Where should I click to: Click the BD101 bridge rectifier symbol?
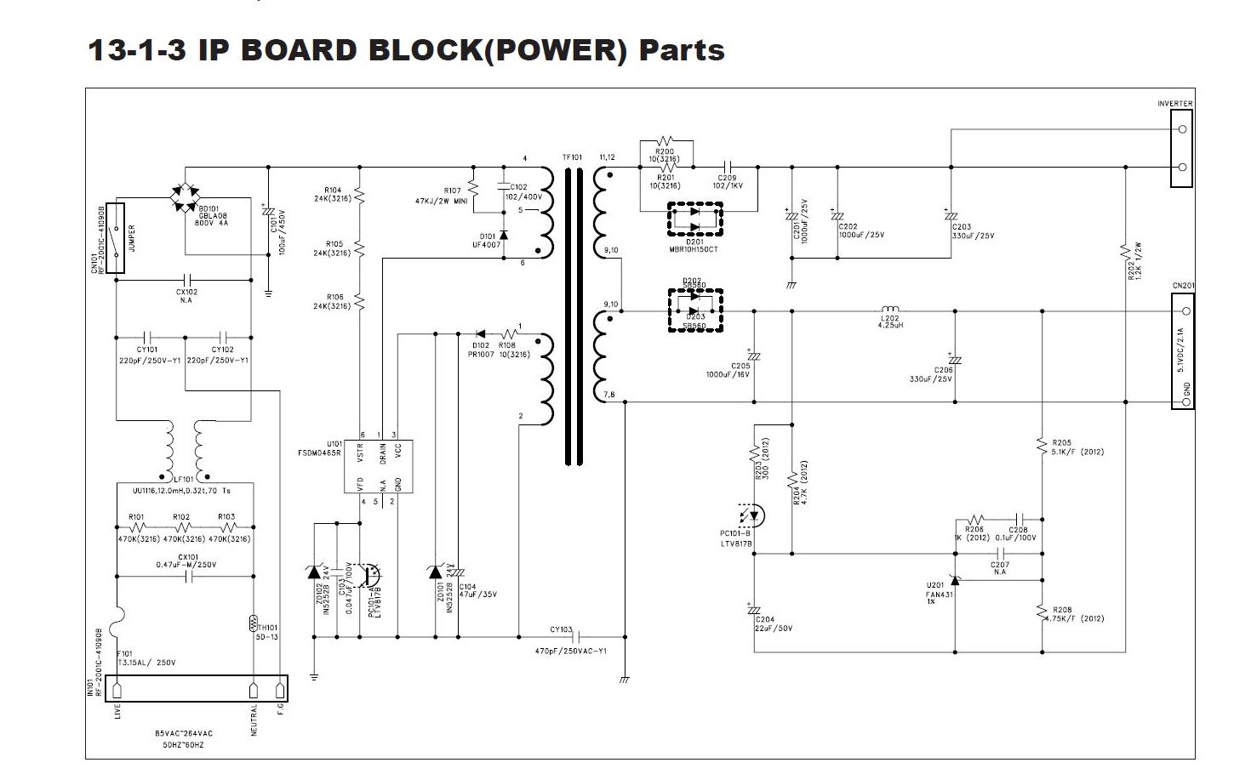185,196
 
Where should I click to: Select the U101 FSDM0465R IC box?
379,466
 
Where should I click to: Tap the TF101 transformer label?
572,157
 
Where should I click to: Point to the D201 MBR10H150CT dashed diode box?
694,219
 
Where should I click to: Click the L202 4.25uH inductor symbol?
889,309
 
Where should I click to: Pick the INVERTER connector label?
1174,104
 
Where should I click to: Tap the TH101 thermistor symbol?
253,623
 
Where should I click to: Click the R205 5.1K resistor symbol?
1042,446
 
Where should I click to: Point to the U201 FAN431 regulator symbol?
955,580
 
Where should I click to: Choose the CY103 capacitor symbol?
579,636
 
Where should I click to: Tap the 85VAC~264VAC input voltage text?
184,733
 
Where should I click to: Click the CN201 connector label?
1183,286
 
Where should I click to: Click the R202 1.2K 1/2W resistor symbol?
1125,251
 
